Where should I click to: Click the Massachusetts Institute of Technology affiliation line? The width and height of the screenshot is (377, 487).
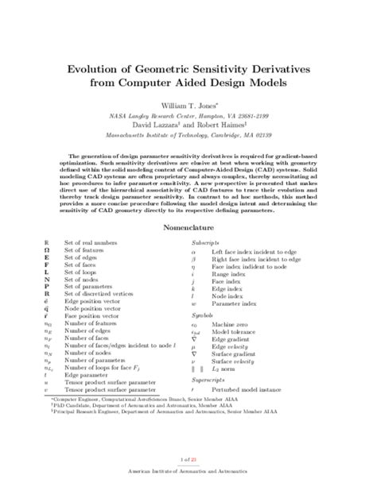tap(188, 136)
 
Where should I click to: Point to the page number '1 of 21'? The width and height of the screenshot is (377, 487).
tap(188, 458)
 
